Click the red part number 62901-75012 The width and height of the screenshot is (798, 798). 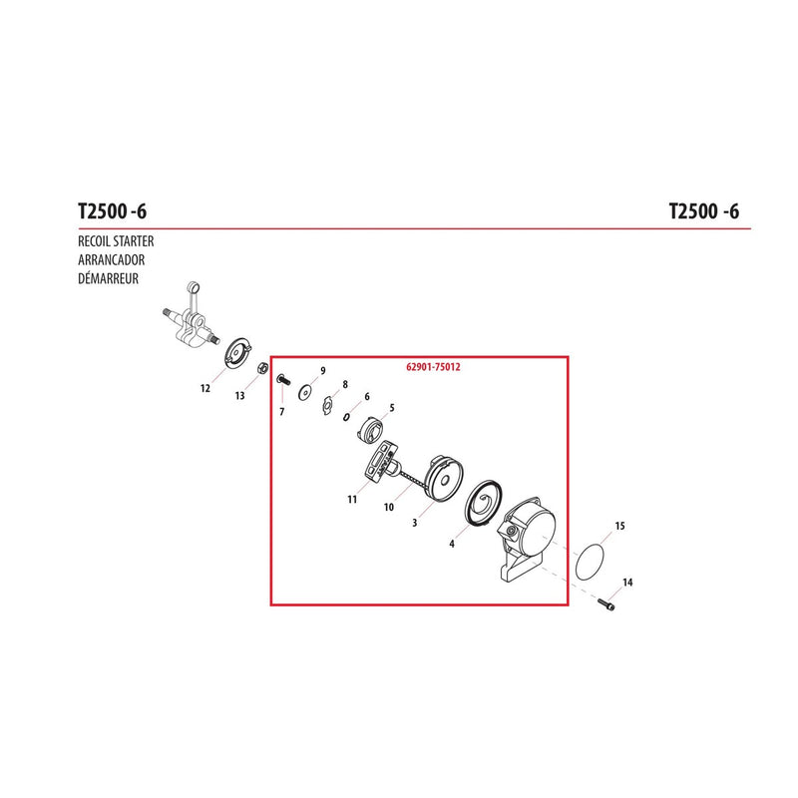(x=433, y=367)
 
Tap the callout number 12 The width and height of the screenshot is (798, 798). (x=205, y=389)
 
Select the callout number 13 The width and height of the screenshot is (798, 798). (x=239, y=396)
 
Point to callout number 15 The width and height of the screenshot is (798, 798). (x=619, y=526)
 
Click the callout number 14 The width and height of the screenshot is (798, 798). (x=627, y=583)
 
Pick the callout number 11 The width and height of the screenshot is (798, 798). (x=352, y=500)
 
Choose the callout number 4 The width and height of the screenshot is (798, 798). (x=452, y=544)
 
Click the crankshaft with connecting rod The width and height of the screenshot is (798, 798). (x=191, y=315)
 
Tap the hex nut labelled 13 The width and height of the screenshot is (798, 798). (x=263, y=368)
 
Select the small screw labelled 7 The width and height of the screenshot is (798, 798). (x=283, y=380)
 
